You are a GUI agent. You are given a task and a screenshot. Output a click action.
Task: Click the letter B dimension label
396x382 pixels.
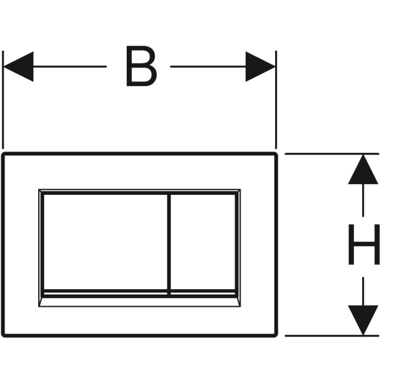coord(141,66)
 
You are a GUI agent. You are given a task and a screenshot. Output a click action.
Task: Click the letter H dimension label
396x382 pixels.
coord(364,244)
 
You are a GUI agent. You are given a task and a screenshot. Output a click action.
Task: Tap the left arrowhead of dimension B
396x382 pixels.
coord(18,67)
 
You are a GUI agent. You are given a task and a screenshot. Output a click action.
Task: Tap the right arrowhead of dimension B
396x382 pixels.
coord(260,67)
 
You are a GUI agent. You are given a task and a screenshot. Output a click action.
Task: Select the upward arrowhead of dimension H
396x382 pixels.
coord(363,169)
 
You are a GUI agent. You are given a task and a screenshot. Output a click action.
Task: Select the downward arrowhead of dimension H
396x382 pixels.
coord(363,320)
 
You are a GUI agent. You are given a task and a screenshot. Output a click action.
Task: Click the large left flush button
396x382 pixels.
coord(106,242)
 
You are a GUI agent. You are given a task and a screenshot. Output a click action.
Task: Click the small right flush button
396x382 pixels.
coord(203,242)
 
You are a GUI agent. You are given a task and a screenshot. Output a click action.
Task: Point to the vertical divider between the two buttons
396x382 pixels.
coord(169,244)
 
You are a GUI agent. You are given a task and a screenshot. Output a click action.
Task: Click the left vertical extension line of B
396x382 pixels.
coord(3,100)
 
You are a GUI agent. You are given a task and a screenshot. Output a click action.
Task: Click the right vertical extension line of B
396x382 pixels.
coord(276,100)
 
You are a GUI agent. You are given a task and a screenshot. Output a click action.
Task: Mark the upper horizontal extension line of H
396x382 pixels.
coord(332,153)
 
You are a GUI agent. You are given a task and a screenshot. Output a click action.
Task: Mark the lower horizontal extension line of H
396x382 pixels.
coord(332,336)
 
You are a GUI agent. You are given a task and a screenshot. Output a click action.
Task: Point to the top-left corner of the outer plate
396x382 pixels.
coord(3,153)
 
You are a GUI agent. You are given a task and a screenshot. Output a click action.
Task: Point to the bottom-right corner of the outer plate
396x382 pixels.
coord(276,336)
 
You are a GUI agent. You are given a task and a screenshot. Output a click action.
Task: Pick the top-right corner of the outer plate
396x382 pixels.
coord(276,153)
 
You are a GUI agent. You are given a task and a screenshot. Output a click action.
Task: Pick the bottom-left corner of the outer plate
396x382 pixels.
coord(3,336)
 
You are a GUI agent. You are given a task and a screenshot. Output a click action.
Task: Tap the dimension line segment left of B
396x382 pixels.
coord(69,67)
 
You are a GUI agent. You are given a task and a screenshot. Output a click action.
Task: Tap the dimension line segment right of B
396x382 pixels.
coord(208,67)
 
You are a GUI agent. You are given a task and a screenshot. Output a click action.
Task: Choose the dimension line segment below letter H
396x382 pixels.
coord(363,292)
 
